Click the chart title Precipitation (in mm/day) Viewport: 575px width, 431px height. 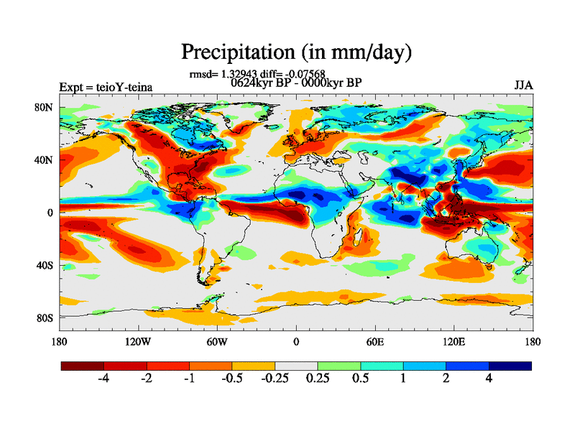[x=296, y=52]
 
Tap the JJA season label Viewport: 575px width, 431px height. [x=523, y=85]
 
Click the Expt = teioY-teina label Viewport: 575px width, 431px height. [x=106, y=88]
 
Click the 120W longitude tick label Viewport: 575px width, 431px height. [x=137, y=341]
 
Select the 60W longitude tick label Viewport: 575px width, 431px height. [x=217, y=341]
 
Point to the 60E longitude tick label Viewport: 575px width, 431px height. [x=374, y=341]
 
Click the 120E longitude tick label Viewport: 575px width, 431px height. [x=454, y=341]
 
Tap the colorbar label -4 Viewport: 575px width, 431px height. [x=103, y=379]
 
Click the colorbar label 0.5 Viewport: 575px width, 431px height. [x=360, y=379]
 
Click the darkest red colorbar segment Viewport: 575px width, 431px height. [x=83, y=366]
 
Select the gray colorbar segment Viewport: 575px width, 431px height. [x=296, y=366]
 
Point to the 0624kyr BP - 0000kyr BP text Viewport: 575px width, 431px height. [x=295, y=82]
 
